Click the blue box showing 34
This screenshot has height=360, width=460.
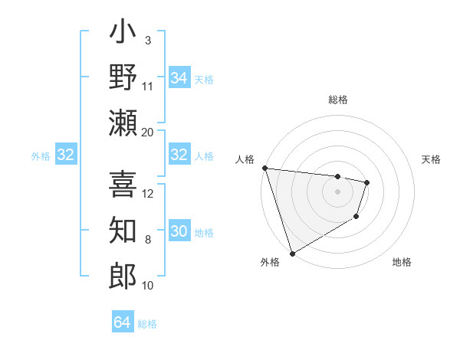(x=179, y=78)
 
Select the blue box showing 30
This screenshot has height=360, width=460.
(x=179, y=231)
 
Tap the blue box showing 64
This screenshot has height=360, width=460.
(x=122, y=322)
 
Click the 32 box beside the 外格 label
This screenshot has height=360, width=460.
(x=66, y=155)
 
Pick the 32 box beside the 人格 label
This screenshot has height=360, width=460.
(x=179, y=155)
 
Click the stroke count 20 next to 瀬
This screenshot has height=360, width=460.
(x=148, y=132)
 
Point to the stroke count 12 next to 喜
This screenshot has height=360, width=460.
(x=148, y=193)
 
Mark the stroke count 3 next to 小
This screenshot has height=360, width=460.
(x=148, y=40)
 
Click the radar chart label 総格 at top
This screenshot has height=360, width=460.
(x=337, y=100)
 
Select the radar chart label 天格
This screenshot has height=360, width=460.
(x=432, y=159)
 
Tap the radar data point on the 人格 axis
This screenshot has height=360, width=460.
(x=264, y=168)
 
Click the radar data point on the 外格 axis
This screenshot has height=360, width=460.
(x=292, y=253)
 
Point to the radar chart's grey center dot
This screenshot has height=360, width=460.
(x=337, y=191)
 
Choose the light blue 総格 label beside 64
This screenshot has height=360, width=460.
(x=147, y=323)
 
